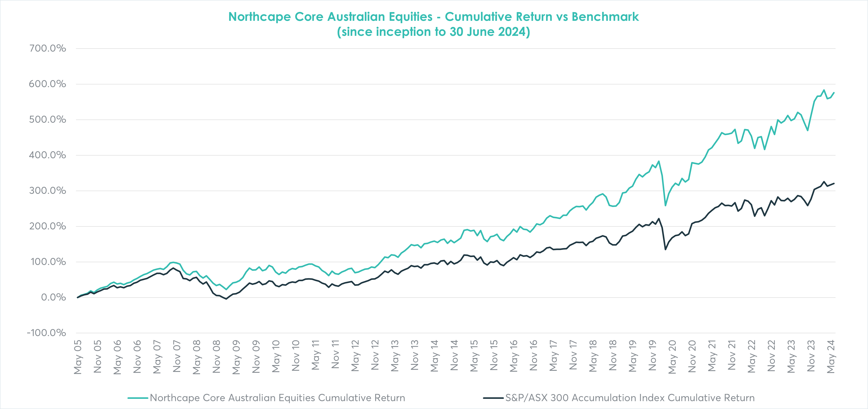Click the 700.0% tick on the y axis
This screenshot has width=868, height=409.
(x=47, y=49)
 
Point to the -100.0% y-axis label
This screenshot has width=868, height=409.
(x=47, y=333)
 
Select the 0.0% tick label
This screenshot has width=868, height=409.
(x=53, y=297)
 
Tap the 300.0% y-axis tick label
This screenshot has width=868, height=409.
(x=47, y=191)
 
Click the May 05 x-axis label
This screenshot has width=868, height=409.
(x=78, y=357)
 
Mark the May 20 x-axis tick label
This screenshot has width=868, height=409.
(x=672, y=357)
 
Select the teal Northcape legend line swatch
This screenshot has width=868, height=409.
(x=138, y=398)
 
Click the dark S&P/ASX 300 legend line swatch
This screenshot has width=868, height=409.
(x=493, y=398)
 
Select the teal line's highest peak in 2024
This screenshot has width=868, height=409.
(x=824, y=90)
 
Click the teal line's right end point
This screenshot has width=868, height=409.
(x=834, y=93)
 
